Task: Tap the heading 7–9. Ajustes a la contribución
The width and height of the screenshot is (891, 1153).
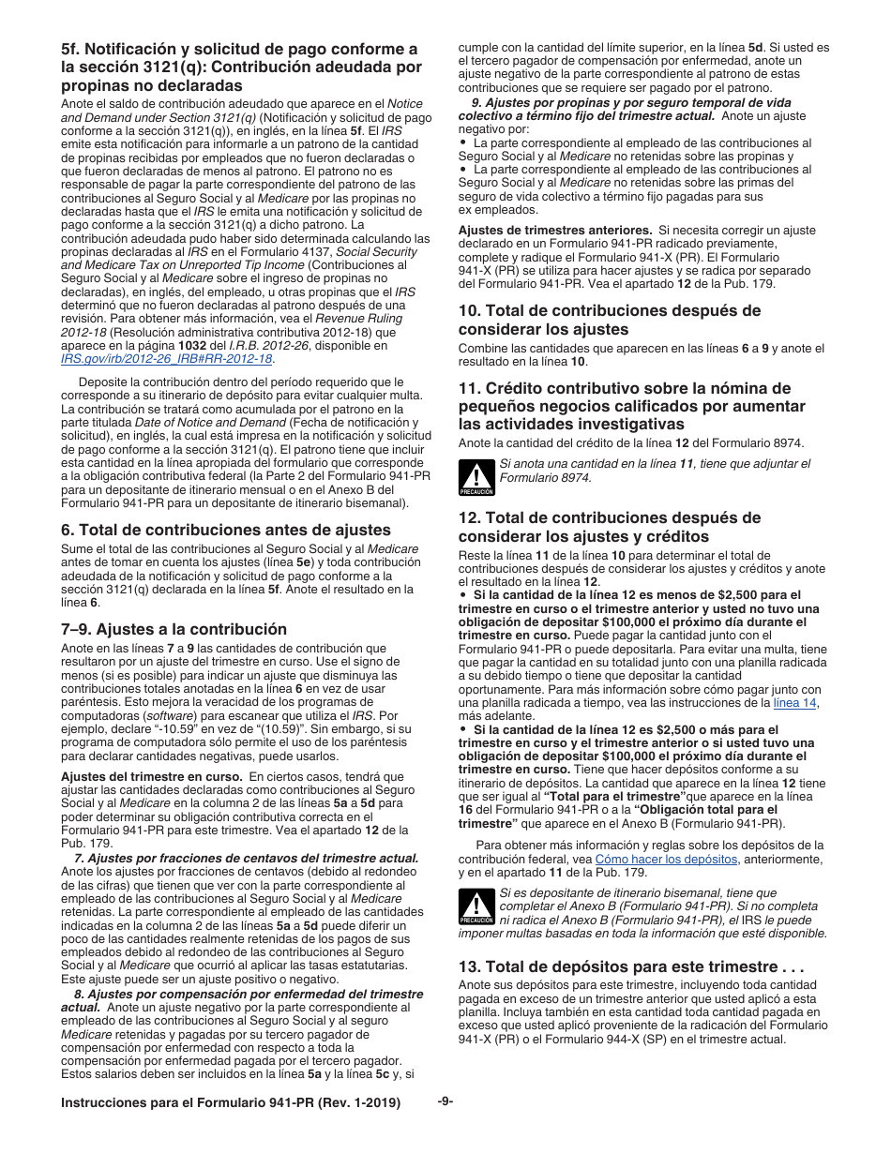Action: (174, 629)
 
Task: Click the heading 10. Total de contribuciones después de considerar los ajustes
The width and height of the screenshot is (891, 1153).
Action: (610, 320)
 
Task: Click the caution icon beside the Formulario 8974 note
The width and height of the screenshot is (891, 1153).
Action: (476, 476)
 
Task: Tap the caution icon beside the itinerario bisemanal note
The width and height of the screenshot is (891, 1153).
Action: (476, 907)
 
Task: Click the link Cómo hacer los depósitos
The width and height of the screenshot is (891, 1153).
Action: (667, 859)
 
